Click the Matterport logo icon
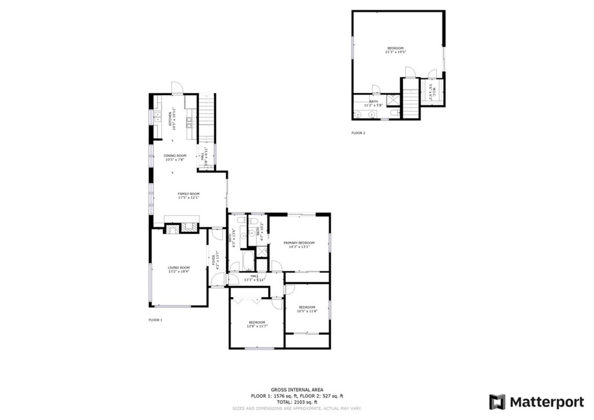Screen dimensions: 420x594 (497, 402)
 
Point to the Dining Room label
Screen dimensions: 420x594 (175, 157)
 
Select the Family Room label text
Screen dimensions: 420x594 (189, 195)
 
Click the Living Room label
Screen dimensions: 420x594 (179, 269)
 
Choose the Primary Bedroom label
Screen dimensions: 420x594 (299, 244)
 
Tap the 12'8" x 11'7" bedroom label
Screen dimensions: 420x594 (257, 324)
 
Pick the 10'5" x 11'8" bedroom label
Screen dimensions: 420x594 (307, 309)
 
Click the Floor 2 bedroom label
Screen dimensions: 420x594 (395, 50)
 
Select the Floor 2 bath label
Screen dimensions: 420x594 (373, 103)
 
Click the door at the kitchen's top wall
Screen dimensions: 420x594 (178, 88)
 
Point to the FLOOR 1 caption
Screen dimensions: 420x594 (155, 320)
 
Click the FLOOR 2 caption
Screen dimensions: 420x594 (358, 133)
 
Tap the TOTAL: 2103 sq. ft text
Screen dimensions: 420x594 (297, 401)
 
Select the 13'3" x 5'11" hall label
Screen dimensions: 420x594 (254, 277)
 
